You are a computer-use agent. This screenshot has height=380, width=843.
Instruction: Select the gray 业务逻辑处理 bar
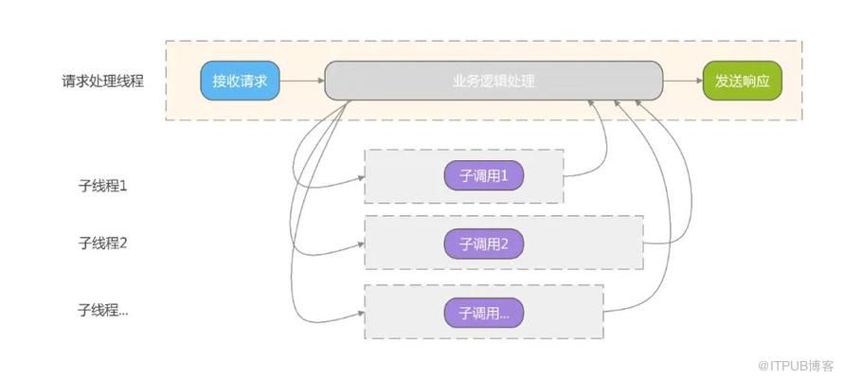[493, 81]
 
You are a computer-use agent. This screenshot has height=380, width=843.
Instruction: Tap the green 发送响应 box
[743, 81]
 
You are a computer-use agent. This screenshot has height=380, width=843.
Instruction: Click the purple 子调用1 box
[484, 176]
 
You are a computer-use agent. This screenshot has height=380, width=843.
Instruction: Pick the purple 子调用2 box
[484, 244]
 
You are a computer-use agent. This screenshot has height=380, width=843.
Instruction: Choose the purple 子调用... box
[484, 312]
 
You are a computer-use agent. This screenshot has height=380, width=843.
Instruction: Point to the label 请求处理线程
[103, 81]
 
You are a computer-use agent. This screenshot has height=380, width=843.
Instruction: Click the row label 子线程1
[103, 185]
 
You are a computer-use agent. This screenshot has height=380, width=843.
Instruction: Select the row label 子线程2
[103, 243]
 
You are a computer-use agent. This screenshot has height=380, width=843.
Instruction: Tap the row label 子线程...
[103, 309]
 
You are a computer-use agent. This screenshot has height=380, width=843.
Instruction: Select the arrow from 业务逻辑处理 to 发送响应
[682, 81]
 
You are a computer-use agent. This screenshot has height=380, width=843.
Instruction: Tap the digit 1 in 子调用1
[505, 176]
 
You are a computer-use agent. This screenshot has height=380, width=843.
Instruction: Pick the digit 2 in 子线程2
[123, 243]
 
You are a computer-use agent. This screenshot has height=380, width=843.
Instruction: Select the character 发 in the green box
[723, 81]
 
